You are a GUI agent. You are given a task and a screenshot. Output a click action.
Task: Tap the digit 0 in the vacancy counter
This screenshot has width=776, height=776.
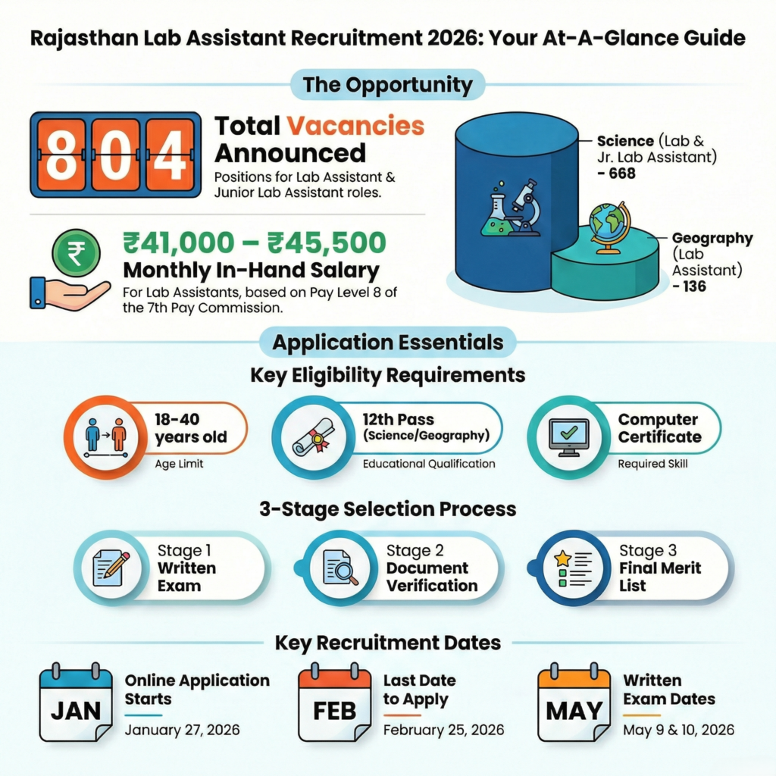116,155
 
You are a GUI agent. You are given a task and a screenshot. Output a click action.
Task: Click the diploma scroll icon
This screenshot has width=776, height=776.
313,437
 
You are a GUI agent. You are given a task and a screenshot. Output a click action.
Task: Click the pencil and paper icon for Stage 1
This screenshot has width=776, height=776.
111,568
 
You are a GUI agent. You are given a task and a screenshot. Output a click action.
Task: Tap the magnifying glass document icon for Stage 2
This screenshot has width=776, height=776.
340,568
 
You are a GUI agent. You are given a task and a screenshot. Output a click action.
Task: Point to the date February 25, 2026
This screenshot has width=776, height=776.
443,731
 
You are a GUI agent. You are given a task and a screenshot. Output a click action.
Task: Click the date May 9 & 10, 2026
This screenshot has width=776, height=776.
678,731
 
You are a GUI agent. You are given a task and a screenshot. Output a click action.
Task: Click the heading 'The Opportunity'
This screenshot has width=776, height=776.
387,84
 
